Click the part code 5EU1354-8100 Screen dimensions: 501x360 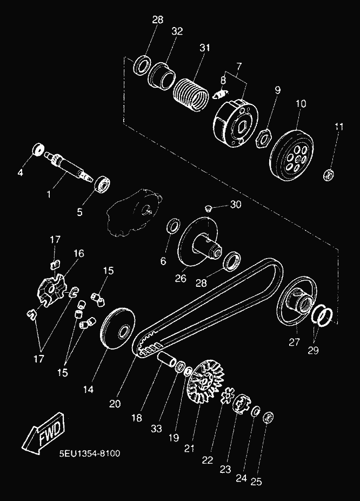click(90, 453)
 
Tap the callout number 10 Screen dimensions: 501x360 click(301, 103)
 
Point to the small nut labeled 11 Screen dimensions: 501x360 click(327, 175)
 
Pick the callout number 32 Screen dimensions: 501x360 click(177, 31)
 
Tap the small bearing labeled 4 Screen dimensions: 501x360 click(38, 149)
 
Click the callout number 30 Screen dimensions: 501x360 click(236, 205)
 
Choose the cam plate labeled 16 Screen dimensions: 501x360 click(51, 288)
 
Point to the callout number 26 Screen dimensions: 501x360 click(181, 279)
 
